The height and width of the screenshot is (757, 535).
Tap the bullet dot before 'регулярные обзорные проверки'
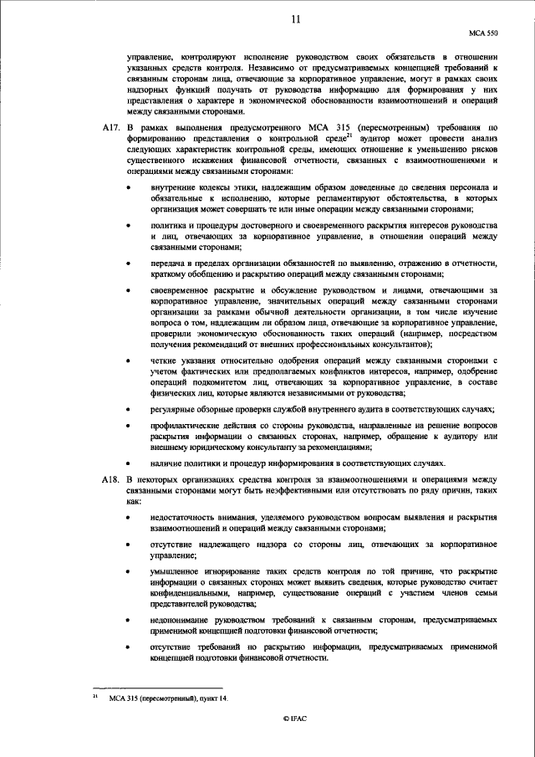(127, 408)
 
